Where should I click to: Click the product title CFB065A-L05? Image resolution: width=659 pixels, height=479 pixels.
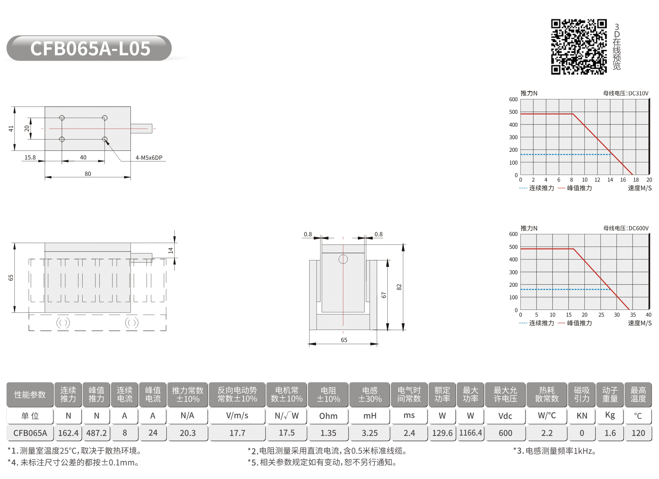(x=90, y=49)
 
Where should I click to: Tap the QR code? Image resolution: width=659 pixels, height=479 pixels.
(x=579, y=47)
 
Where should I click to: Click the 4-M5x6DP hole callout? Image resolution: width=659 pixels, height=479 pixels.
(x=149, y=158)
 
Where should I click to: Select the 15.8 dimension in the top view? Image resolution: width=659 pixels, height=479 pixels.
(x=30, y=157)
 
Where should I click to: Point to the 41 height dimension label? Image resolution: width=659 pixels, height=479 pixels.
(x=11, y=129)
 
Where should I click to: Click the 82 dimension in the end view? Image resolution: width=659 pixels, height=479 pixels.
(x=399, y=287)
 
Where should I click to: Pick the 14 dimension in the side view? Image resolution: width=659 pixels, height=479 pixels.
(x=170, y=250)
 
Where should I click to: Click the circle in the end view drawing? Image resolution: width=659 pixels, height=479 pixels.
(x=343, y=259)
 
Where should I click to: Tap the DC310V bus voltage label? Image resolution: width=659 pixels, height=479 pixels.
(x=626, y=93)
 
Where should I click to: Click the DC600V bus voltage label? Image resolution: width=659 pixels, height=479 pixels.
(x=626, y=228)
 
